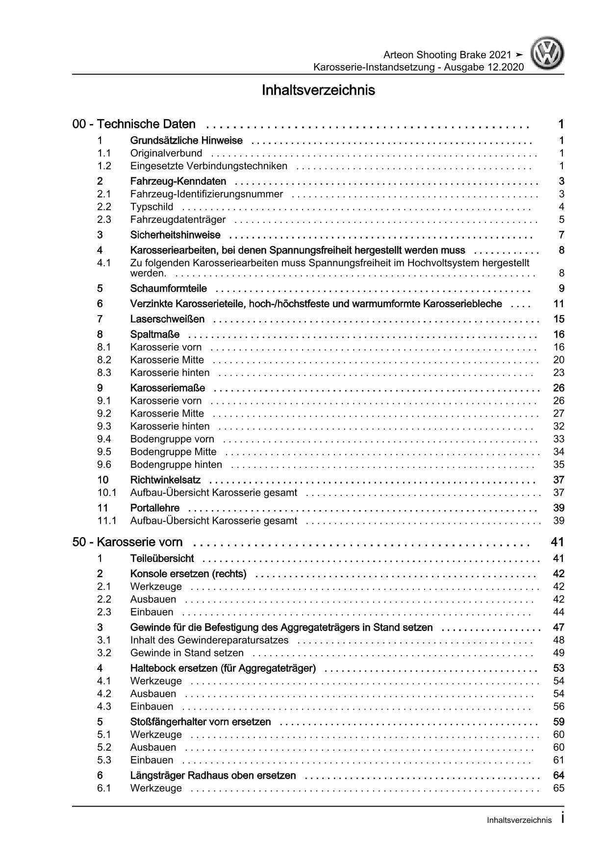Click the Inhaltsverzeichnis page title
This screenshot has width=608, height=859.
(318, 91)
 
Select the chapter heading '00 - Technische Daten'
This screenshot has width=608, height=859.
(134, 124)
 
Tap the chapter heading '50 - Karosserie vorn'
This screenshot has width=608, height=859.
(127, 542)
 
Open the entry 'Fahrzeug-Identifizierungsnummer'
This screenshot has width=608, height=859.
(206, 194)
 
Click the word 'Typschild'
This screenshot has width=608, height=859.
(152, 207)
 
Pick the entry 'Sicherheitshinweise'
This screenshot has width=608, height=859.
(175, 235)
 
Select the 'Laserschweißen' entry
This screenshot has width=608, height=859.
(167, 319)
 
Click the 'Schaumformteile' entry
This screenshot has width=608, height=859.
(168, 289)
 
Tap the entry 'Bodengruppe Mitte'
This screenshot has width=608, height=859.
(173, 452)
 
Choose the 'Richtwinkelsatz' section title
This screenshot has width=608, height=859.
(165, 480)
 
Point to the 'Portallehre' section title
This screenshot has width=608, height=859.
(154, 508)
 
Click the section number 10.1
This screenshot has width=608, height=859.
(106, 493)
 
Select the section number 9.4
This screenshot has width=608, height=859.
(104, 439)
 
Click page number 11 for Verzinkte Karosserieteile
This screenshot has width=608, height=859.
(558, 304)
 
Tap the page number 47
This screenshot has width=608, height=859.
(558, 628)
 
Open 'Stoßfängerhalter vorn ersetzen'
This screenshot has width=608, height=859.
(201, 722)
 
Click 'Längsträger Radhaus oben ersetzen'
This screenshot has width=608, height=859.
(213, 776)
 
